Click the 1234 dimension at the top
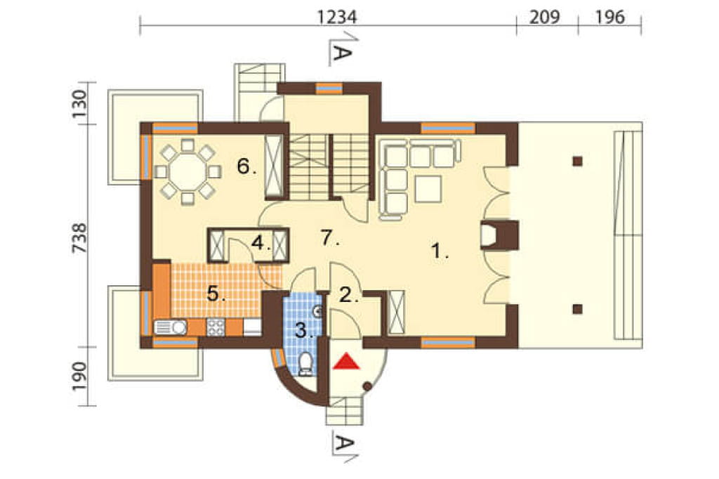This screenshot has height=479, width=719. tap(337, 17)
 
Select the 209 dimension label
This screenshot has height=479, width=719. tap(545, 17)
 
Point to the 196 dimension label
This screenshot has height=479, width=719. tap(610, 17)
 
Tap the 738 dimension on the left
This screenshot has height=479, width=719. tap(79, 237)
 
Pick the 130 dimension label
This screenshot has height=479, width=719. tap(79, 104)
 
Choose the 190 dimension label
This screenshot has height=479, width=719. tap(79, 376)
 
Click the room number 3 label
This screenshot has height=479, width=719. tap(304, 330)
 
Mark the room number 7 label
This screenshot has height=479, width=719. tap(330, 238)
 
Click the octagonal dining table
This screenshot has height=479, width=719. tap(187, 171)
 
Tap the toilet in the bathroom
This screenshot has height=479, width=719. tap(305, 365)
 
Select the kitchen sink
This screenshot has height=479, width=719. tap(170, 327)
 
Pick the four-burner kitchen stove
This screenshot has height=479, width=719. tap(216, 327)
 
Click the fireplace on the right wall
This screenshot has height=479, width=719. tap(499, 235)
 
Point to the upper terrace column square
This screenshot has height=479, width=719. tap(577, 161)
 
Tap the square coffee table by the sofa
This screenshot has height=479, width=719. tap(428, 189)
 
